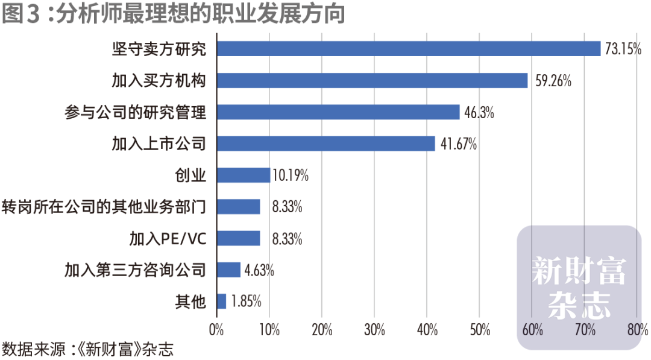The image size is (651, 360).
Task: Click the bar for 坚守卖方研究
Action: (x=409, y=49)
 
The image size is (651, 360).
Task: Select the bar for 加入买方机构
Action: (x=372, y=80)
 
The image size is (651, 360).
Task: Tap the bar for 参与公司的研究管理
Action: (x=338, y=112)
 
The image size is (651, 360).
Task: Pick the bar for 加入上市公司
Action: (x=325, y=144)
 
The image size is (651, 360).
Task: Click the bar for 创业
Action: (x=243, y=175)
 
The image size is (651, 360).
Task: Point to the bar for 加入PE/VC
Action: (x=238, y=238)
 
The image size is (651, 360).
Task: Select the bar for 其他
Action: (x=221, y=301)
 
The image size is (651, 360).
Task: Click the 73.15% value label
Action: (x=623, y=49)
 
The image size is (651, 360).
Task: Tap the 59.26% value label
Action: (x=551, y=81)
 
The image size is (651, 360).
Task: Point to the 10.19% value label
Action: (x=291, y=175)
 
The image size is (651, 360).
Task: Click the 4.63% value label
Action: (x=259, y=270)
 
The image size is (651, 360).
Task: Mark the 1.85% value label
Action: (x=245, y=302)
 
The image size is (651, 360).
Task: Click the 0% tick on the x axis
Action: (x=216, y=330)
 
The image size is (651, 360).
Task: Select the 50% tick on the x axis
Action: (x=479, y=330)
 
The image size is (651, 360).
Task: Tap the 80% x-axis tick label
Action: (x=637, y=330)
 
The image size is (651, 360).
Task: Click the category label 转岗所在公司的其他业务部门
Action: (x=104, y=207)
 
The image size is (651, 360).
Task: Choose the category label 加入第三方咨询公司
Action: (x=136, y=270)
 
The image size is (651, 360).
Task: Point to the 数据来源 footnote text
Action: (x=87, y=349)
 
